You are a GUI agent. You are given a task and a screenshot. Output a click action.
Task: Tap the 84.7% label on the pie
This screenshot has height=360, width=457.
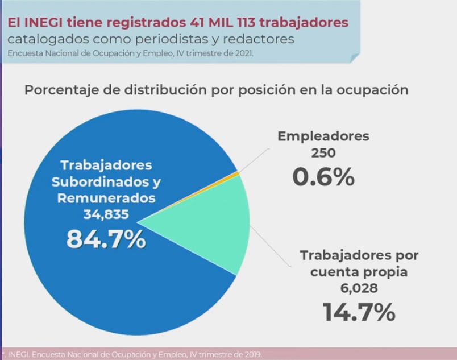click(106, 239)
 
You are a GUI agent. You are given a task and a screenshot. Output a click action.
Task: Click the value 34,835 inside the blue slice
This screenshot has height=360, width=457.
click(106, 214)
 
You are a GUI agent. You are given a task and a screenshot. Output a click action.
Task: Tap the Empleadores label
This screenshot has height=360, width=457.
click(323, 136)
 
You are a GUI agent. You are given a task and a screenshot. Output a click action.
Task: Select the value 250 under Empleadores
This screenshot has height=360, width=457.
click(323, 152)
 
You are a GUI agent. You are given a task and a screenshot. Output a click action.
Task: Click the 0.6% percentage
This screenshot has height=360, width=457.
click(323, 177)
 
